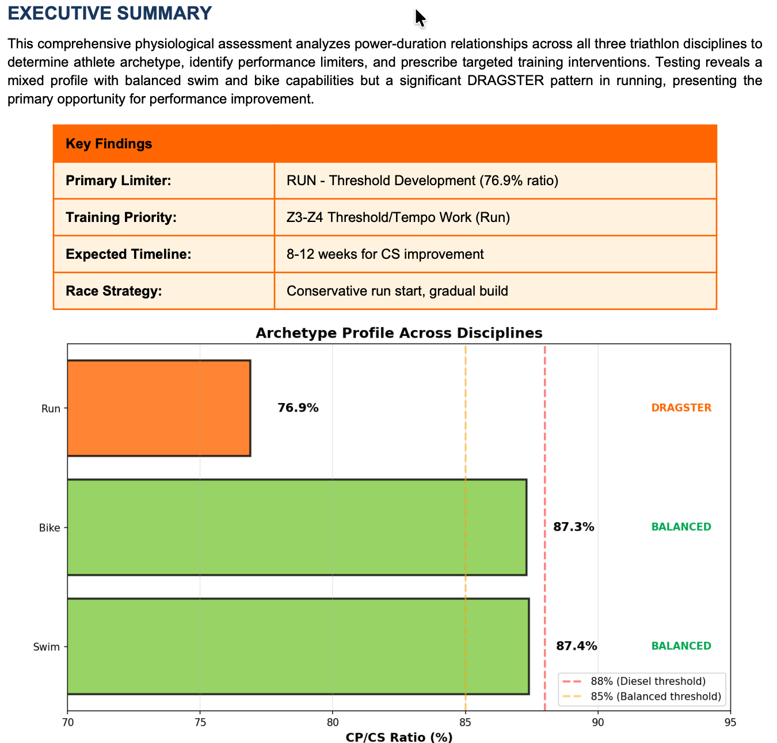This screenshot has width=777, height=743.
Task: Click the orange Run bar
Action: point(159,408)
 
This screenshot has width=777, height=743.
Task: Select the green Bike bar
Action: point(296,527)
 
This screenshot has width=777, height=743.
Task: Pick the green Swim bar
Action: point(298,646)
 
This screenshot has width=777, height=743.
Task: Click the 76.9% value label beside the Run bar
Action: point(298,408)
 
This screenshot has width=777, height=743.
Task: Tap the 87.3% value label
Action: point(573,527)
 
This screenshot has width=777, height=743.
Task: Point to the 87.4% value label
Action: point(576,646)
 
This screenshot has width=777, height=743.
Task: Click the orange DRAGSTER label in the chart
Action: point(681,408)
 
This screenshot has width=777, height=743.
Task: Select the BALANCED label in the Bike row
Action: point(681,527)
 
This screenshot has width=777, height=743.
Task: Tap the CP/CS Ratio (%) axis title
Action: point(399,737)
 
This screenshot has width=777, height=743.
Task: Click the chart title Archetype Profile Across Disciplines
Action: point(399,333)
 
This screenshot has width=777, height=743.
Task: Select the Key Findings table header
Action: point(109,144)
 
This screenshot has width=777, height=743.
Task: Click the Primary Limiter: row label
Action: point(119,181)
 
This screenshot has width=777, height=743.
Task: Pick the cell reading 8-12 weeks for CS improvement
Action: point(385,254)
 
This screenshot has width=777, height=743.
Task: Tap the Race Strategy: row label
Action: point(114,291)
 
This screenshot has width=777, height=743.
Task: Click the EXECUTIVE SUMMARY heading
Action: point(110,13)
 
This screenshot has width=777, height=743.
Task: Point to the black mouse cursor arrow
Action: point(420,17)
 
